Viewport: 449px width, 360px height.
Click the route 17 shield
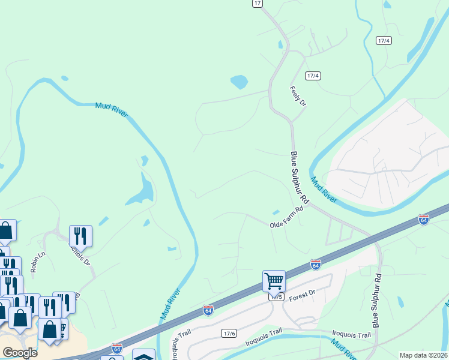pyautogui.click(x=258, y=4)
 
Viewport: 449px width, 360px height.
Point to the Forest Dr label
pyautogui.click(x=302, y=295)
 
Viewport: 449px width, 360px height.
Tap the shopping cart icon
pyautogui.click(x=274, y=280)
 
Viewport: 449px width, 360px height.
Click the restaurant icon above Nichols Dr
pyautogui.click(x=80, y=236)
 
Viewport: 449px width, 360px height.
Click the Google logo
pyautogui.click(x=20, y=352)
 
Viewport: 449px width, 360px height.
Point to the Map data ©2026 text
pyautogui.click(x=422, y=355)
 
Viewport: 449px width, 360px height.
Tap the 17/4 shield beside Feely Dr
pyautogui.click(x=313, y=76)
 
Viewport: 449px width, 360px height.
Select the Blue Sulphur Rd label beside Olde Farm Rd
pyautogui.click(x=298, y=177)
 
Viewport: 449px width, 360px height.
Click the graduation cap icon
pyautogui.click(x=144, y=356)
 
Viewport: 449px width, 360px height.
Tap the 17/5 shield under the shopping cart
pyautogui.click(x=274, y=296)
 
